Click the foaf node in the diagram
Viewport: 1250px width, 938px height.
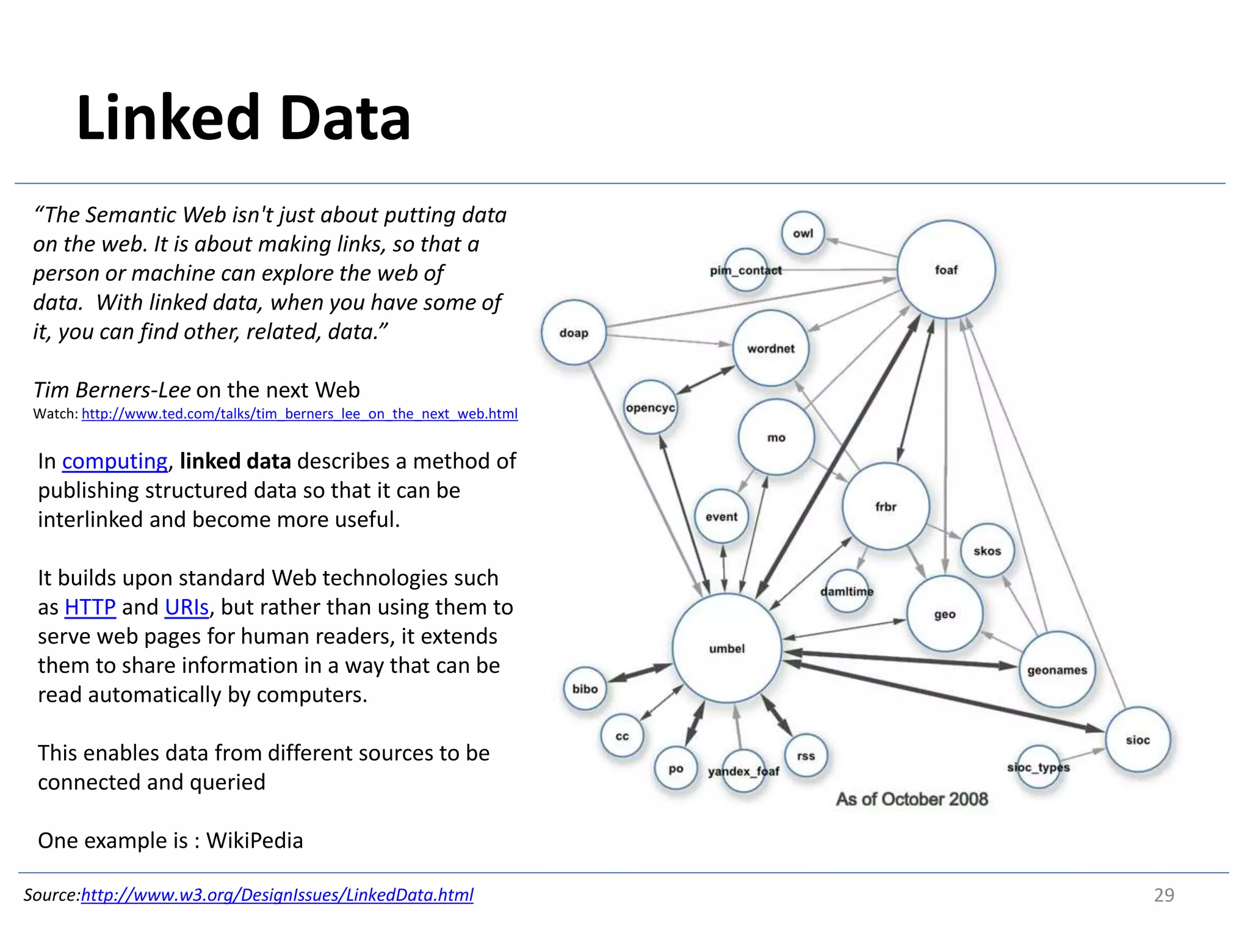tap(946, 269)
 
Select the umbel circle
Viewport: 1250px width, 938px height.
tap(727, 649)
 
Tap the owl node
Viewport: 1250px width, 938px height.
tap(803, 233)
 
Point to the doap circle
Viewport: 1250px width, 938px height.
tap(574, 333)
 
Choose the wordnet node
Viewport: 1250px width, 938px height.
tap(771, 349)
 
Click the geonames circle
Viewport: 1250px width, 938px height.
tap(1057, 670)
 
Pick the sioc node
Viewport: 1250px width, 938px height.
tap(1138, 740)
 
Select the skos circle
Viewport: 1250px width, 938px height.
tap(987, 551)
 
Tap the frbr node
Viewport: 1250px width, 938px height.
tap(886, 506)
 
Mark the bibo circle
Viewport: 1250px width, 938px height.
tap(585, 689)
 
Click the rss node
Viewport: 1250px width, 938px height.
tap(806, 756)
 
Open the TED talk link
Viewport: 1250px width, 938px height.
tap(300, 414)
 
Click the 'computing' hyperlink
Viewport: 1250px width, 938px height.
tap(115, 461)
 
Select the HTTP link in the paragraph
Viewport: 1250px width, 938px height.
tap(90, 607)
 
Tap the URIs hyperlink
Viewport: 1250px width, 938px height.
tap(187, 607)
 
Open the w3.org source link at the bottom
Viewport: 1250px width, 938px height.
tap(277, 895)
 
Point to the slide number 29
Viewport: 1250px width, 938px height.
tap(1163, 895)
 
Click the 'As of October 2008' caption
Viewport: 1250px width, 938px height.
tap(912, 799)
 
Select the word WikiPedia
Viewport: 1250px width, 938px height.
tap(255, 841)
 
